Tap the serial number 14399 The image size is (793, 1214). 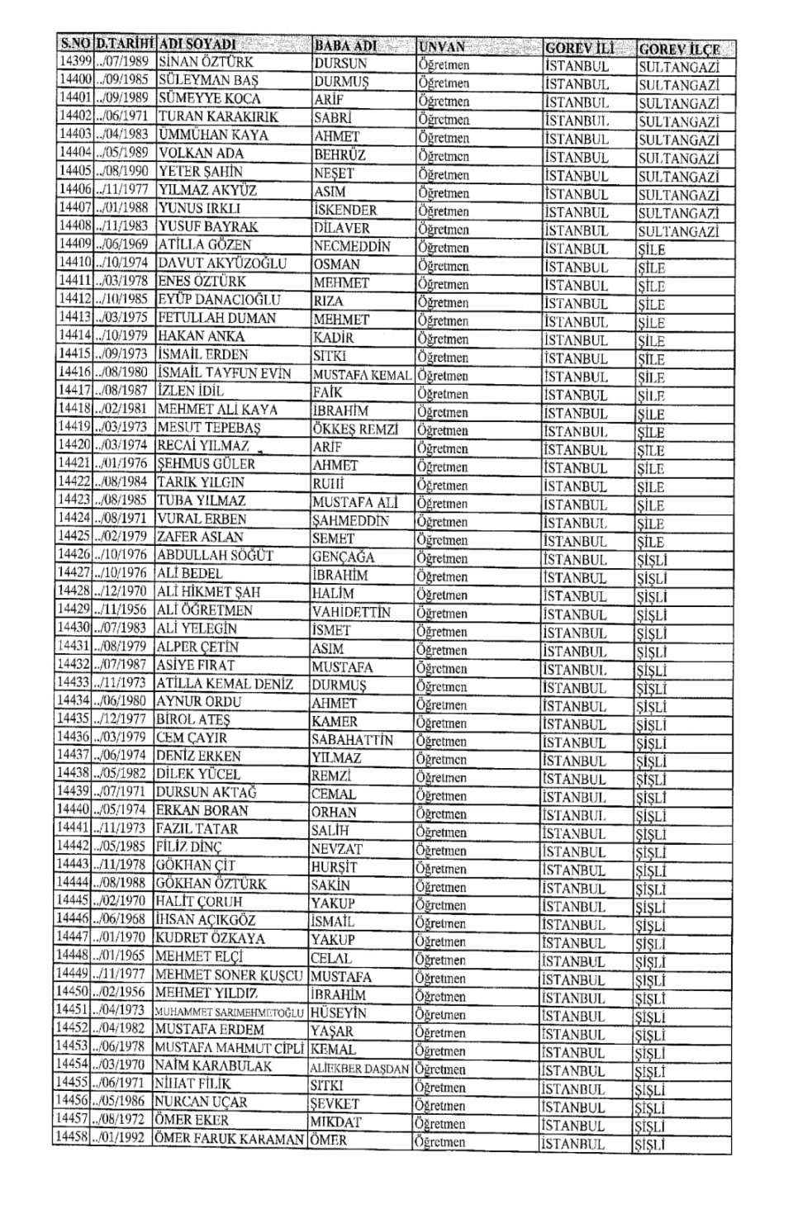74,62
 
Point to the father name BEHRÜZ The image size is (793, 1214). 339,154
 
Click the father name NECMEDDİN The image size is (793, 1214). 352,245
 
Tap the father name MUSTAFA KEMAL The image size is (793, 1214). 361,375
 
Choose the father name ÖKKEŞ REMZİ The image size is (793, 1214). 355,429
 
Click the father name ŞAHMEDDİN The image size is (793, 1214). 350,521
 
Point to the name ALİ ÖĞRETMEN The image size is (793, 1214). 204,610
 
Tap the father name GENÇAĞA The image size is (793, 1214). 343,557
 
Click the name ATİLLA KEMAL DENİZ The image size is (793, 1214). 224,683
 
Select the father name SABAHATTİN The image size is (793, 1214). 352,740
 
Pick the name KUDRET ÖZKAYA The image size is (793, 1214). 210,938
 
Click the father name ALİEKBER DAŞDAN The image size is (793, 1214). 359,1069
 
